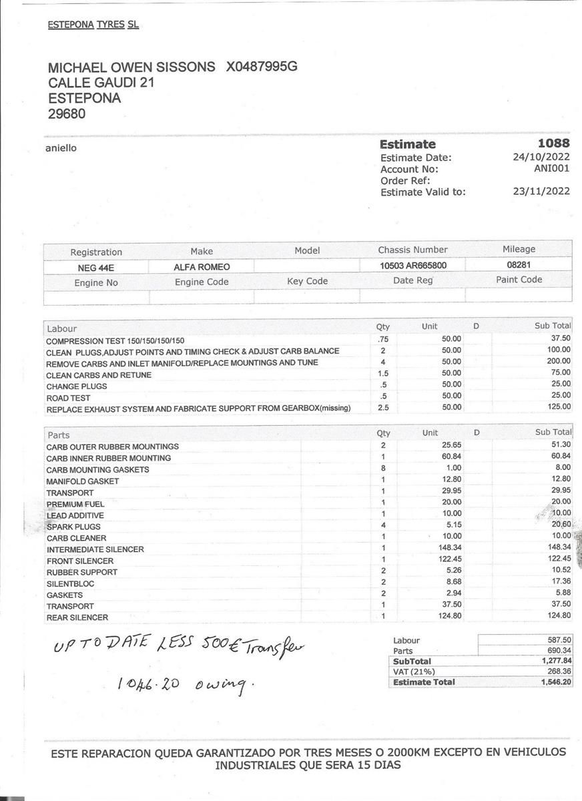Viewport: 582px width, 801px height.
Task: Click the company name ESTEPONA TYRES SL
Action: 93,25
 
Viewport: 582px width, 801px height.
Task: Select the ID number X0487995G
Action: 262,67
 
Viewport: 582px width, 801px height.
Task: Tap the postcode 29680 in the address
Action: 67,113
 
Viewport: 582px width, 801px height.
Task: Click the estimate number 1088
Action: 553,144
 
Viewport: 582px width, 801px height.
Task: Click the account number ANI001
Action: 552,169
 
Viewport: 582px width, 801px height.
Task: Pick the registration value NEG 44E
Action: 96,268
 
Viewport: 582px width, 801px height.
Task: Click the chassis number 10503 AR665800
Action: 413,266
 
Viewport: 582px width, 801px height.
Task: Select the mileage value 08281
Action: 519,265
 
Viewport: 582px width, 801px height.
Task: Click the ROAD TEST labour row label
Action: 68,398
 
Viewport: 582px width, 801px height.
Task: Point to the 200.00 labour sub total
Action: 559,361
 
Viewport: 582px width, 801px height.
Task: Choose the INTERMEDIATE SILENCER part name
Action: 95,549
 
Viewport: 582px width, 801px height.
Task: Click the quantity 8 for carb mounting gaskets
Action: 383,469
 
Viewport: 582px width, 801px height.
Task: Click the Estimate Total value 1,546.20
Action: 555,682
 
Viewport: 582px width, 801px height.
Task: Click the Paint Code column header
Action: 519,280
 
